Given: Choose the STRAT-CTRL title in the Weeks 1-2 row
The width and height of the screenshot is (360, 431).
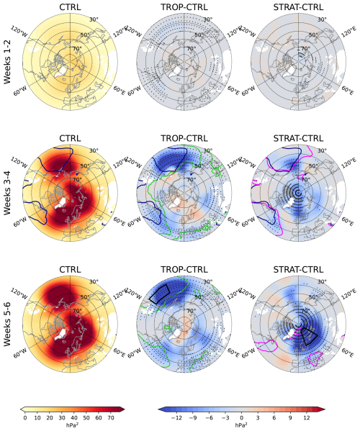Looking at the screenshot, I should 297,8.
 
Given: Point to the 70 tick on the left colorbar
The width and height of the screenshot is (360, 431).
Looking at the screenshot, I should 110,417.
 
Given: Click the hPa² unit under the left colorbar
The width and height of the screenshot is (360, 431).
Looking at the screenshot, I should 70,425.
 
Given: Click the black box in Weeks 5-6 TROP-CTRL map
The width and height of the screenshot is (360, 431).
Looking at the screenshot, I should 158,293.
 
